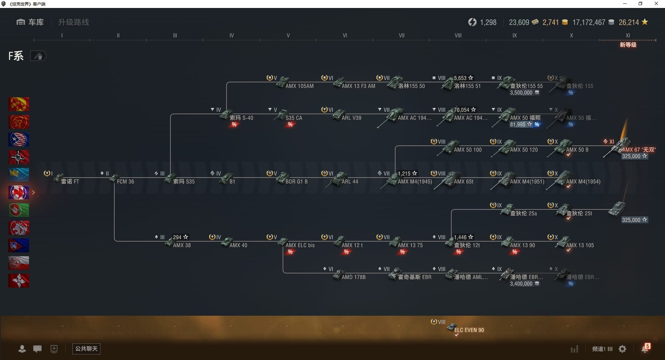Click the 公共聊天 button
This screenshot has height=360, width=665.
(x=86, y=349)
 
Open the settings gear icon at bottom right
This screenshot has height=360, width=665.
(x=622, y=349)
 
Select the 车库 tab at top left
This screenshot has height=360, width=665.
(x=30, y=22)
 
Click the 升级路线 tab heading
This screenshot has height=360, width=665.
(x=73, y=22)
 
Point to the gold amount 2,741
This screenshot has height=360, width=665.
(x=551, y=22)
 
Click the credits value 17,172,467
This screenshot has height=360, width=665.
(x=589, y=22)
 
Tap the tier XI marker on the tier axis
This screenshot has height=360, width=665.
(x=628, y=35)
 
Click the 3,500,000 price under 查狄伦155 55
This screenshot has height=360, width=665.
(x=521, y=93)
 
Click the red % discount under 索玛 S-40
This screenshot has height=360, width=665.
(x=234, y=125)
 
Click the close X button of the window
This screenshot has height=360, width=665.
(x=656, y=4)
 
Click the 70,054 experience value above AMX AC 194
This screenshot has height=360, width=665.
(x=462, y=110)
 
